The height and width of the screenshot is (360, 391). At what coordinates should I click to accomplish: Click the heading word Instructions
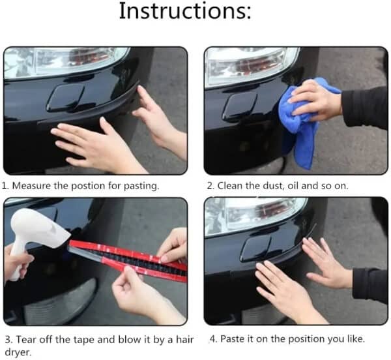(x=185, y=10)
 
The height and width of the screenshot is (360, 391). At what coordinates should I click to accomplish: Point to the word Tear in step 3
(x=27, y=340)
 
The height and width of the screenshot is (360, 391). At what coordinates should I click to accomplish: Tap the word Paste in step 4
(x=233, y=338)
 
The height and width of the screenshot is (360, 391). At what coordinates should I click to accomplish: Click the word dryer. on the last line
(x=18, y=353)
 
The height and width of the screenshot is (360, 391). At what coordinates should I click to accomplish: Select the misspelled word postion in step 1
(x=88, y=186)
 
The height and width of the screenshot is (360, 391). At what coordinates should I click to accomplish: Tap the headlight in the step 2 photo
(x=252, y=66)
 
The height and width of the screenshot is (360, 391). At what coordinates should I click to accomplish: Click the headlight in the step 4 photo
(x=254, y=216)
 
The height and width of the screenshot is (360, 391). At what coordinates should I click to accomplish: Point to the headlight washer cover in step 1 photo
(x=65, y=98)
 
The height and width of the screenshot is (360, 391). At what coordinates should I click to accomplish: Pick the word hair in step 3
(x=185, y=340)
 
